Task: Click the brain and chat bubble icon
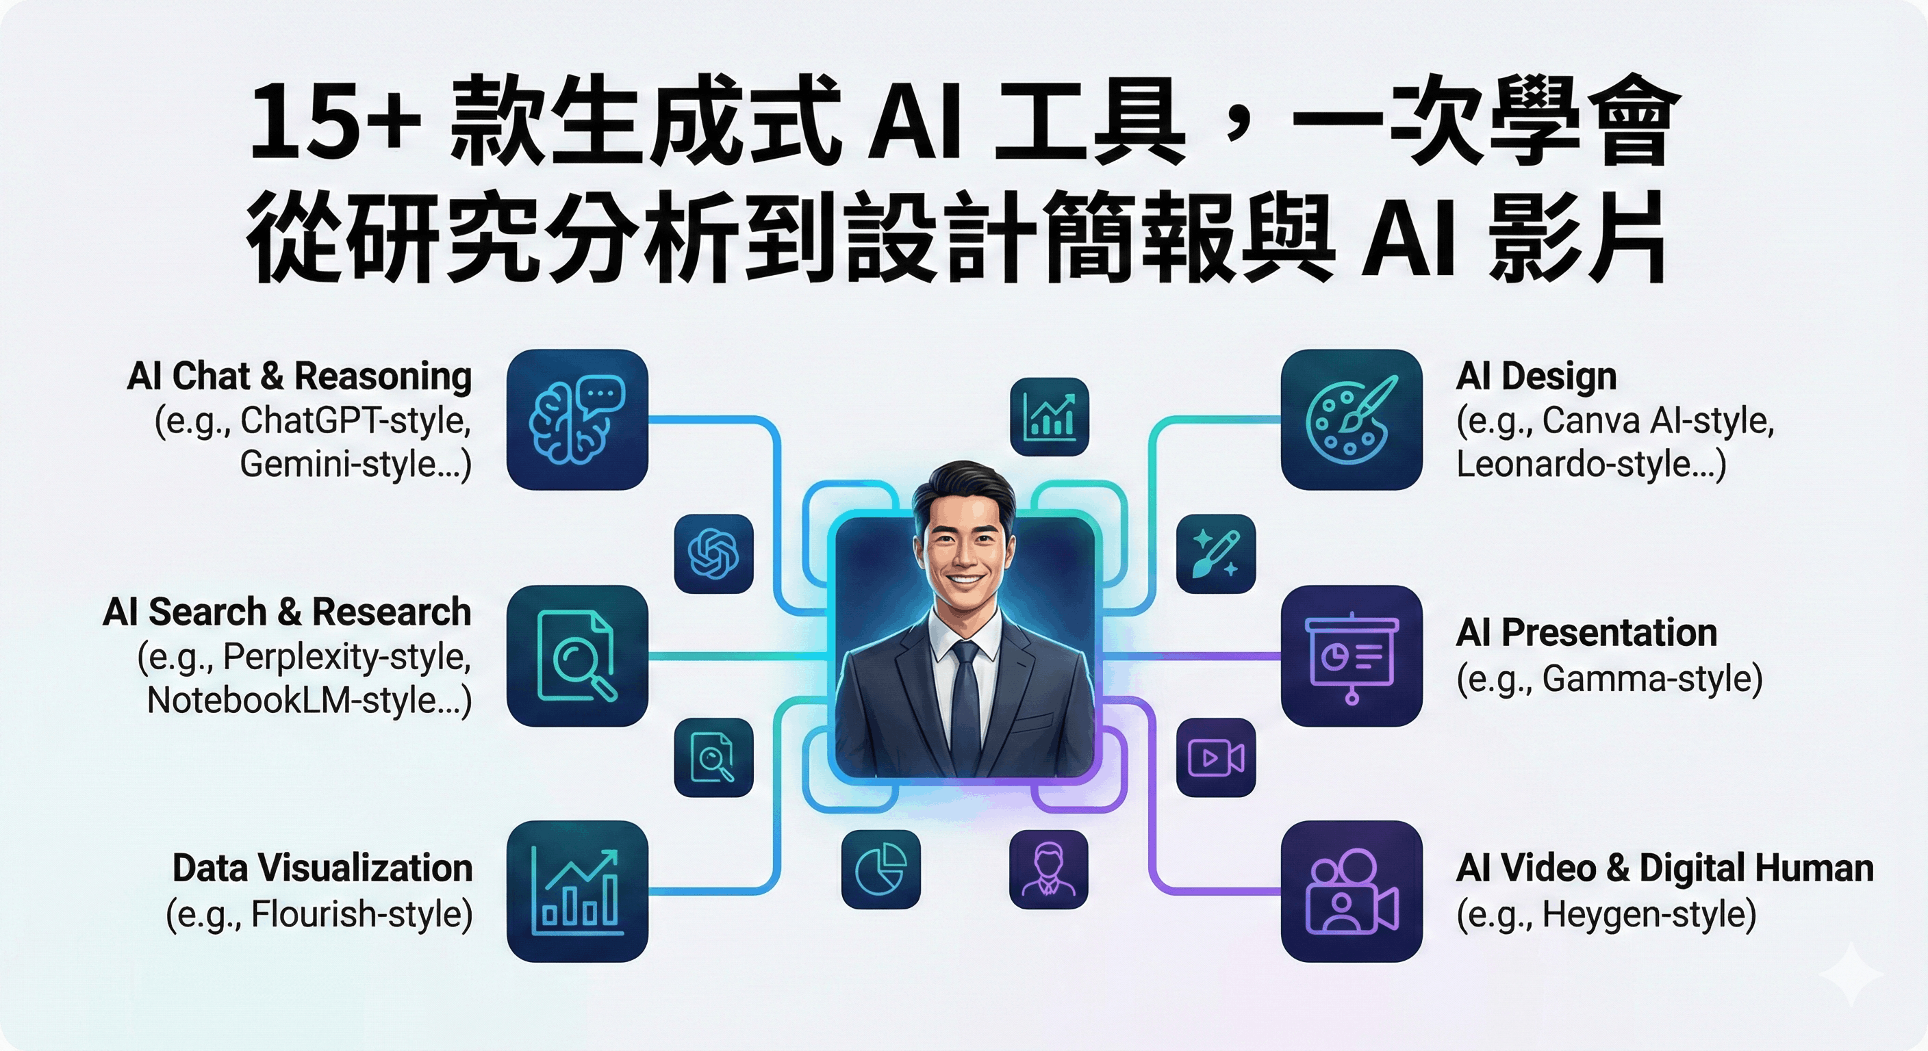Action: (577, 419)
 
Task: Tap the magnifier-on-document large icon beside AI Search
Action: (577, 656)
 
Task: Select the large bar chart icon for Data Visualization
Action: (577, 891)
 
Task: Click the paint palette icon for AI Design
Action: (1351, 419)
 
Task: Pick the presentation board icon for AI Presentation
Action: (1351, 656)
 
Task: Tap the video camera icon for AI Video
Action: (1351, 891)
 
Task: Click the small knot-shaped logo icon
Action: (713, 554)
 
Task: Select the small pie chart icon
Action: (881, 869)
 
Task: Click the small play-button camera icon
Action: (1215, 757)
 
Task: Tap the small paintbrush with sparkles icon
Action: (1215, 554)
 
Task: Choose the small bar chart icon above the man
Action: (1049, 417)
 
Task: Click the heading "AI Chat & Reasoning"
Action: (299, 376)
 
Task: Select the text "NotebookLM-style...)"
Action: (309, 701)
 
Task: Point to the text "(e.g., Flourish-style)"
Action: (319, 914)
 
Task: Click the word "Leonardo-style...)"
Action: (1591, 465)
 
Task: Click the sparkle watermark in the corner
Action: (1850, 974)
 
